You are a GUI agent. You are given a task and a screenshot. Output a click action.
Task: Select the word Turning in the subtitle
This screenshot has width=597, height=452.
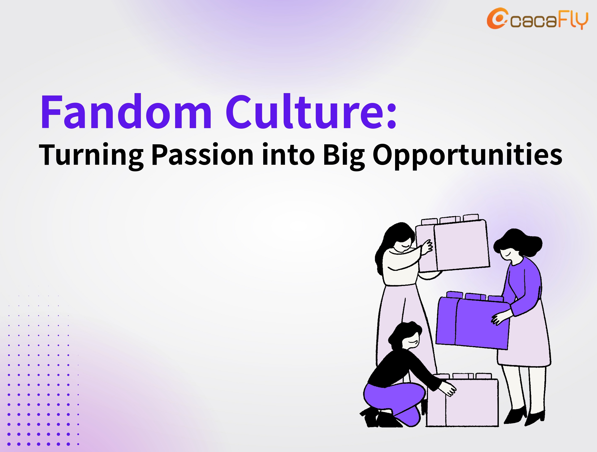91,156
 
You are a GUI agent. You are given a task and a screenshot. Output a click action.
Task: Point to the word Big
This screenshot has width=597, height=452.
344,157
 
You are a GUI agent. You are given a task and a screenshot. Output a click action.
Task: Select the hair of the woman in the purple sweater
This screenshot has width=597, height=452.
518,242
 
